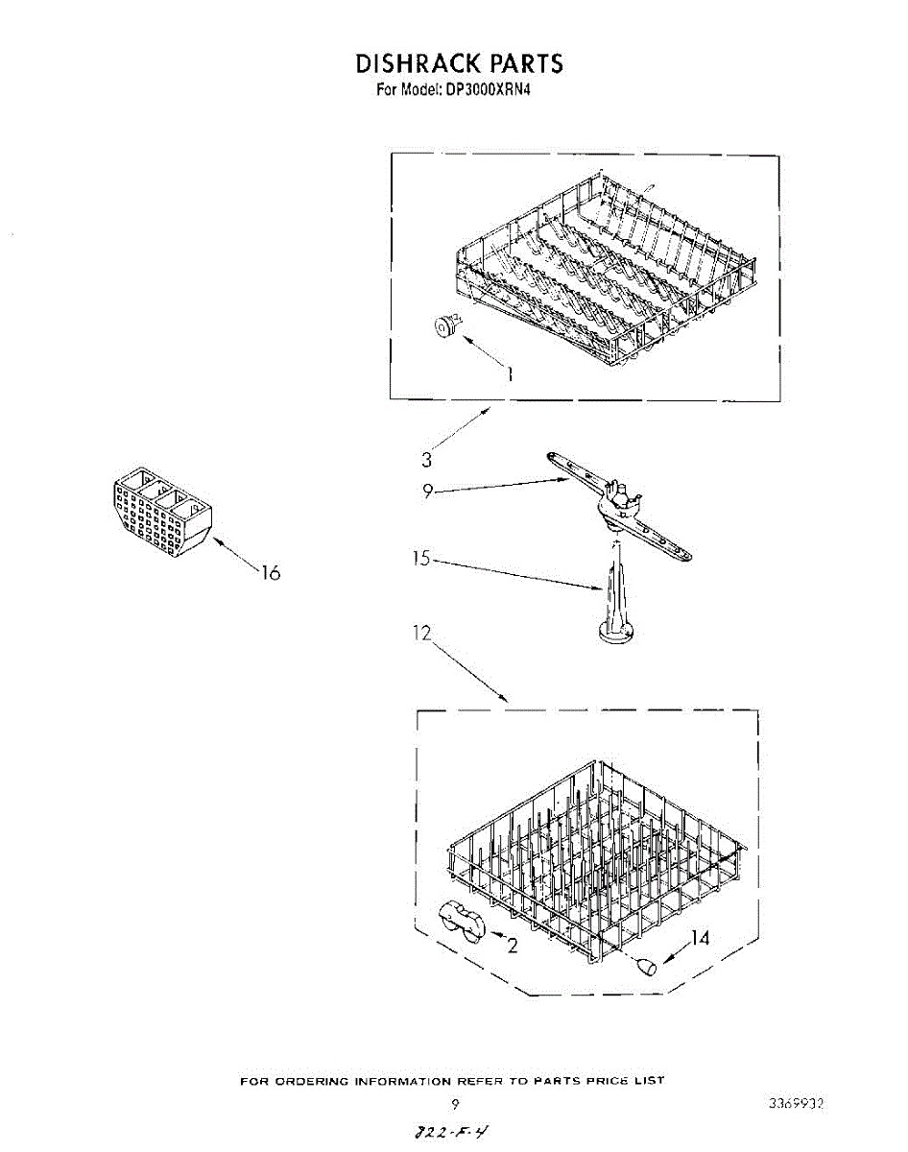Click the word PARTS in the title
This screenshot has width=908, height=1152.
click(x=525, y=63)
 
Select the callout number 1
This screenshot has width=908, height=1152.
click(x=510, y=374)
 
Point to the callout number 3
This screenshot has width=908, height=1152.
click(x=427, y=459)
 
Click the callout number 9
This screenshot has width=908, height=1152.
click(x=429, y=491)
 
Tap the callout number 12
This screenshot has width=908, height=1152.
click(x=423, y=634)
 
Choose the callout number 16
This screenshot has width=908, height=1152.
click(x=270, y=573)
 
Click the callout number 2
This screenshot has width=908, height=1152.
click(x=513, y=946)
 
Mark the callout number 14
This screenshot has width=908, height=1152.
click(x=701, y=938)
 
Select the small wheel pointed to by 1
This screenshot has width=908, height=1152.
click(x=443, y=327)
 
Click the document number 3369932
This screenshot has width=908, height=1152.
click(x=797, y=1104)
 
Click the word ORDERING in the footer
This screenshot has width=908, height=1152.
click(x=309, y=1081)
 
